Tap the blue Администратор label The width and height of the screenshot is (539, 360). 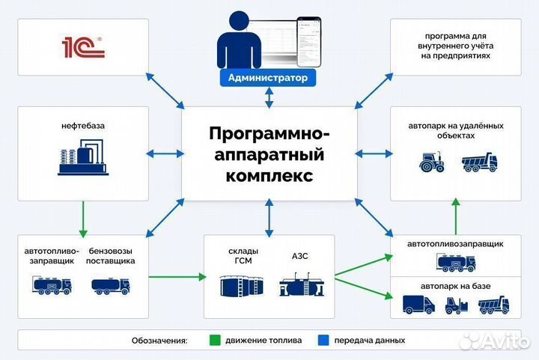click(267, 78)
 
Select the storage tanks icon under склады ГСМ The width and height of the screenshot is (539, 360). click(242, 287)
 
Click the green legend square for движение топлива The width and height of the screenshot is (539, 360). click(213, 340)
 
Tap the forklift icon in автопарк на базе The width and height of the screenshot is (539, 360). click(457, 305)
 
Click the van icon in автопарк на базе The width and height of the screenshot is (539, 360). click(418, 304)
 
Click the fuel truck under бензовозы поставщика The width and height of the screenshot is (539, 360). click(110, 285)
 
